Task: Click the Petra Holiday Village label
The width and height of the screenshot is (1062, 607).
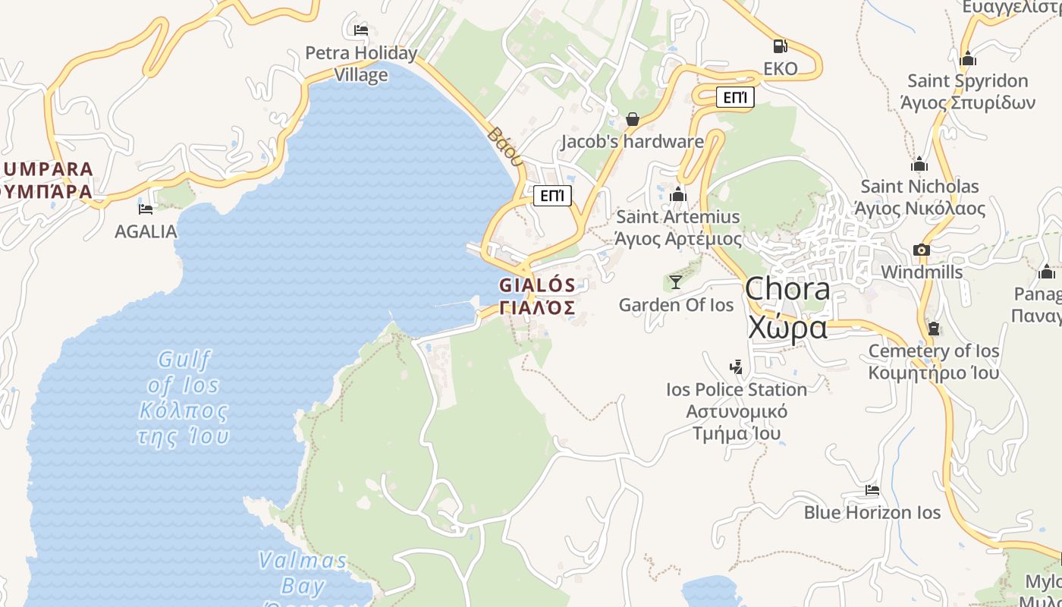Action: [x=361, y=64]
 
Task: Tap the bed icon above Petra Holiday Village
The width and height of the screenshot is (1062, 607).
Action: [x=361, y=30]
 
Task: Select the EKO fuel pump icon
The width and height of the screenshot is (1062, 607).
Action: [x=780, y=46]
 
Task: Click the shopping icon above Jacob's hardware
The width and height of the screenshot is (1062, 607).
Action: [x=633, y=119]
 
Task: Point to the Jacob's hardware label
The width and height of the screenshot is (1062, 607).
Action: [x=633, y=142]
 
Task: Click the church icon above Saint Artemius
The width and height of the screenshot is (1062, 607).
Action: [x=678, y=195]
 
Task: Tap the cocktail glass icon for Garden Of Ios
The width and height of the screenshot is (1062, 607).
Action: [x=675, y=282]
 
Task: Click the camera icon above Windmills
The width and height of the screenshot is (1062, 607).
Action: [x=922, y=250]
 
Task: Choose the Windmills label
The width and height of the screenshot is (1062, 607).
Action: [x=922, y=272]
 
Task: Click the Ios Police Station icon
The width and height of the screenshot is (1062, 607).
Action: [x=736, y=367]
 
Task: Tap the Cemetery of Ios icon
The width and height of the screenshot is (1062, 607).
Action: [x=933, y=329]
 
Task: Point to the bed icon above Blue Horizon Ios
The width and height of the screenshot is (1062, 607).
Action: [x=872, y=490]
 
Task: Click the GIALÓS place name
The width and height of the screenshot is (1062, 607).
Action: [x=537, y=286]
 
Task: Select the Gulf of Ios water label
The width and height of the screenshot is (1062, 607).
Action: [x=184, y=398]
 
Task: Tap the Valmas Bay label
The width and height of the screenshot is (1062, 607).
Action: [x=303, y=573]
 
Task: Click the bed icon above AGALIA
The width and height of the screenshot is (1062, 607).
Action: [x=146, y=209]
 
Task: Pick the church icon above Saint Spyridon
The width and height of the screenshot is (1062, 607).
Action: [x=968, y=58]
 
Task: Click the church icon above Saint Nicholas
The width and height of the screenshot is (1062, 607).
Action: [x=919, y=164]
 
